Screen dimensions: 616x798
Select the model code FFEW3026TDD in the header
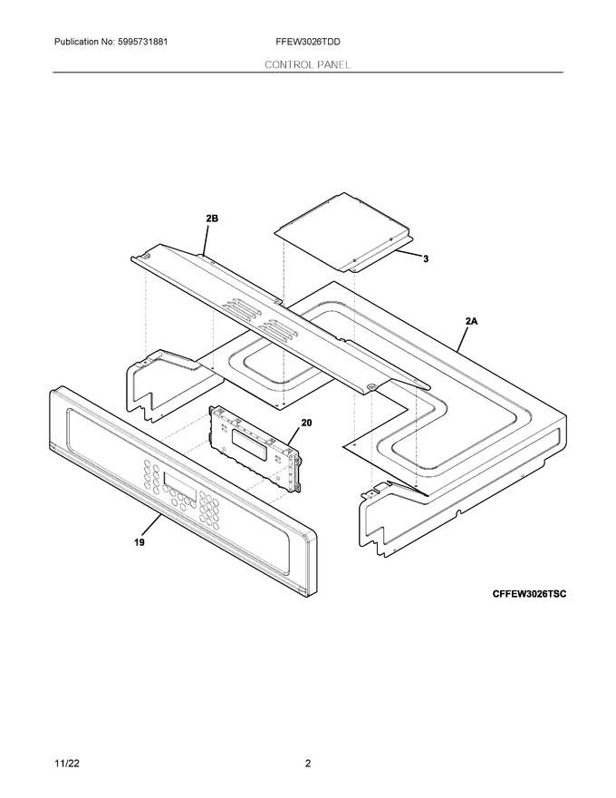point(308,42)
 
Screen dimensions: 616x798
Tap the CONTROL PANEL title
point(307,64)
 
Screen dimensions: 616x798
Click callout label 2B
point(212,219)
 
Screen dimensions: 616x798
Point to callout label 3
point(426,259)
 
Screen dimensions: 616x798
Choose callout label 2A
point(471,321)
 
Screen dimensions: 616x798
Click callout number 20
point(306,423)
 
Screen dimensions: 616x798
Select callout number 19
point(140,542)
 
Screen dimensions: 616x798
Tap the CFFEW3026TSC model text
point(528,594)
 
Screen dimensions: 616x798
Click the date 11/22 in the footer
point(66,764)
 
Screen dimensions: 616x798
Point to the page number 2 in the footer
point(307,764)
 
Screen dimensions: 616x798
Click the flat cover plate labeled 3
point(343,231)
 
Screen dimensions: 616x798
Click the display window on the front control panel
point(180,485)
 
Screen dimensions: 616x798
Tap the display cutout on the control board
point(249,441)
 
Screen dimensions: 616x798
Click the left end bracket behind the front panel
point(173,384)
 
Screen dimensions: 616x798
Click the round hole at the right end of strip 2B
point(371,388)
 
